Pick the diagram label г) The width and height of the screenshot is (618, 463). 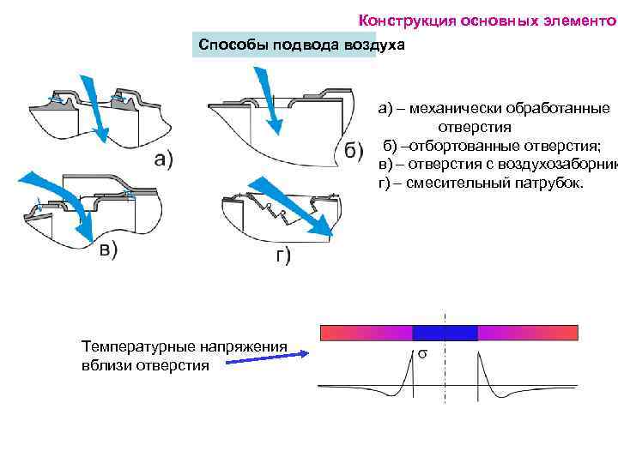pos(282,256)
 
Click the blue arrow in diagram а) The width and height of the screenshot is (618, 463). pos(94,111)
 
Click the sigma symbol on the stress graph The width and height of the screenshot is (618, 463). pos(422,353)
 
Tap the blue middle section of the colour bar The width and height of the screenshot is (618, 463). pos(445,334)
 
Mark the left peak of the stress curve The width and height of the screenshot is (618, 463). pos(409,352)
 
